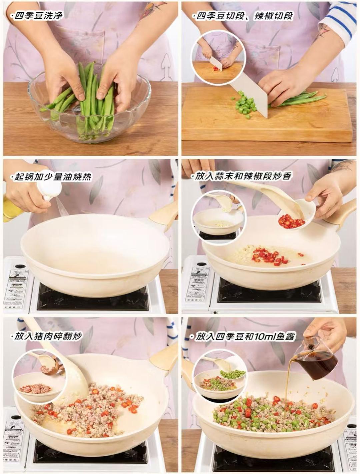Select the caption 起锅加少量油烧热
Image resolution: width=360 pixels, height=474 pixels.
[52, 177]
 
